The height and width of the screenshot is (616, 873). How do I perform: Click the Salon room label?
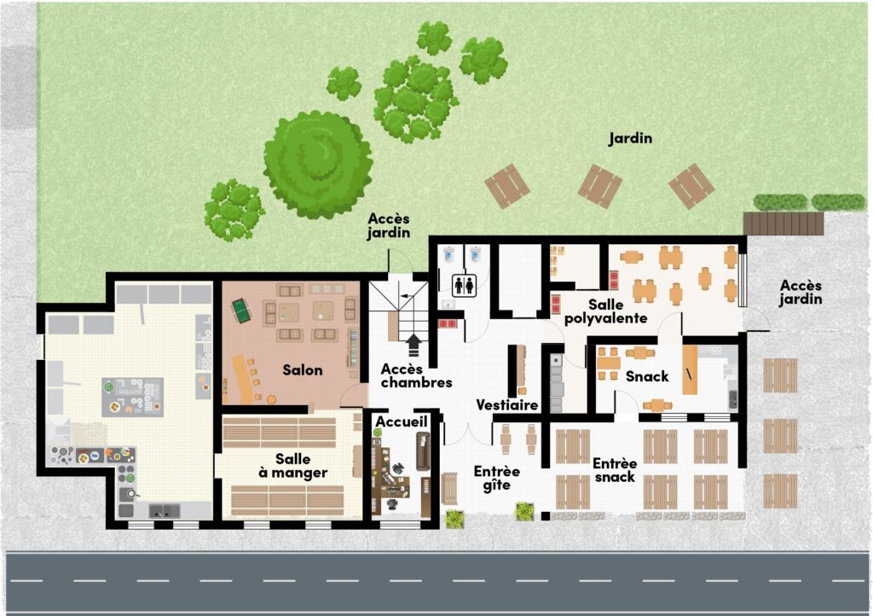click(303, 369)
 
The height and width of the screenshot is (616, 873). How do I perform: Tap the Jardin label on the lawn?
click(630, 138)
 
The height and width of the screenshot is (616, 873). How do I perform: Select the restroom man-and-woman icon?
click(465, 285)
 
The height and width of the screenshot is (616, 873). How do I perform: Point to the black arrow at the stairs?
click(413, 345)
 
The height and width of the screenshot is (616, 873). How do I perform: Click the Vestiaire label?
click(507, 405)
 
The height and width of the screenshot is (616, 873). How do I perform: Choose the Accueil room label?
click(402, 421)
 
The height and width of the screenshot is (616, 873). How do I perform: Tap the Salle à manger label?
click(293, 466)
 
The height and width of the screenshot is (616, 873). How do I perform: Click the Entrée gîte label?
click(497, 479)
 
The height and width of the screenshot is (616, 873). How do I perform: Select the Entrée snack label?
click(615, 470)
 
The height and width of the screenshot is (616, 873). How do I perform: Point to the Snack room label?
click(647, 376)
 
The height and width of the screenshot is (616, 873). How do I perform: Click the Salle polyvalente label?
click(606, 311)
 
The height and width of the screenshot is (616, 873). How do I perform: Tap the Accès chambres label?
click(416, 376)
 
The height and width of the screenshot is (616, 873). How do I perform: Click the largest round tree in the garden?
click(319, 165)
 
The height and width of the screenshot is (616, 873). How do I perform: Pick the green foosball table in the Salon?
click(241, 311)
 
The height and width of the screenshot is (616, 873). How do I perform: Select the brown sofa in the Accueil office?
click(423, 451)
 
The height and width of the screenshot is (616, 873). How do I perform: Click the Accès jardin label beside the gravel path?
click(801, 293)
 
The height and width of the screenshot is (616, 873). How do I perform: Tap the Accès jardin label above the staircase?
click(389, 225)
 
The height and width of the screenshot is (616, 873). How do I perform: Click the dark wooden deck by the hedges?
click(783, 223)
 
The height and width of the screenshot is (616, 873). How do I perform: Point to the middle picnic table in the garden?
click(599, 186)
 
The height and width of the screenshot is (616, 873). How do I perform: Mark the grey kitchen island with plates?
click(132, 397)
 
